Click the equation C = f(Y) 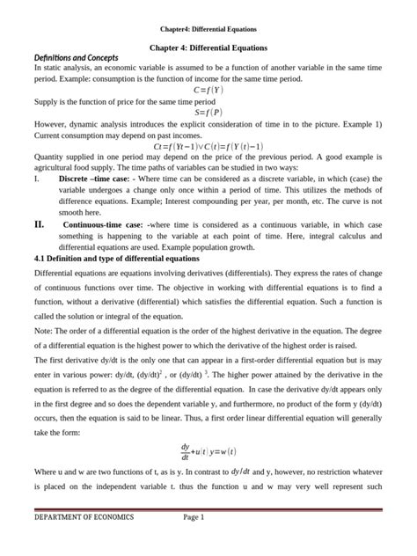tap(208, 89)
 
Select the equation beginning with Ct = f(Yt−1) tap(208, 146)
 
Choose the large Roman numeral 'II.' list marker tap(40, 225)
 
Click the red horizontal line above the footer tap(208, 508)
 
